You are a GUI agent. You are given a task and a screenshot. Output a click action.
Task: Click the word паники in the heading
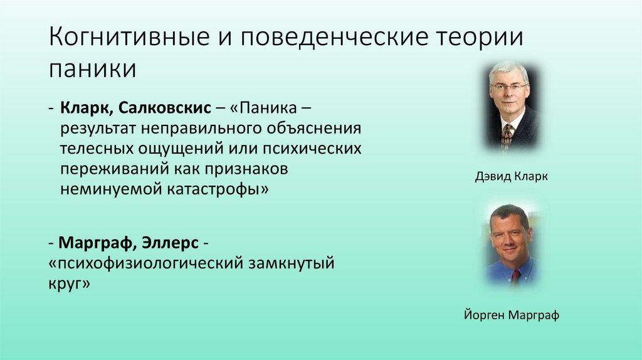pyautogui.click(x=92, y=68)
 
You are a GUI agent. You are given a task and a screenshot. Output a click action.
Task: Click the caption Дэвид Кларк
pyautogui.click(x=512, y=177)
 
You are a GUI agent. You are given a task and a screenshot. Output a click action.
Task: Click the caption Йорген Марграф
pyautogui.click(x=507, y=315)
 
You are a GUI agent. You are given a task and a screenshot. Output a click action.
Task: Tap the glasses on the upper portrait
pyautogui.click(x=508, y=87)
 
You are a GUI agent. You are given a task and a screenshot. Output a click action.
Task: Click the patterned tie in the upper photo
pyautogui.click(x=507, y=134)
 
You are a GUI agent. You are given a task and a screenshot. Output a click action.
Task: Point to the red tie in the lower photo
pyautogui.click(x=515, y=277)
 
